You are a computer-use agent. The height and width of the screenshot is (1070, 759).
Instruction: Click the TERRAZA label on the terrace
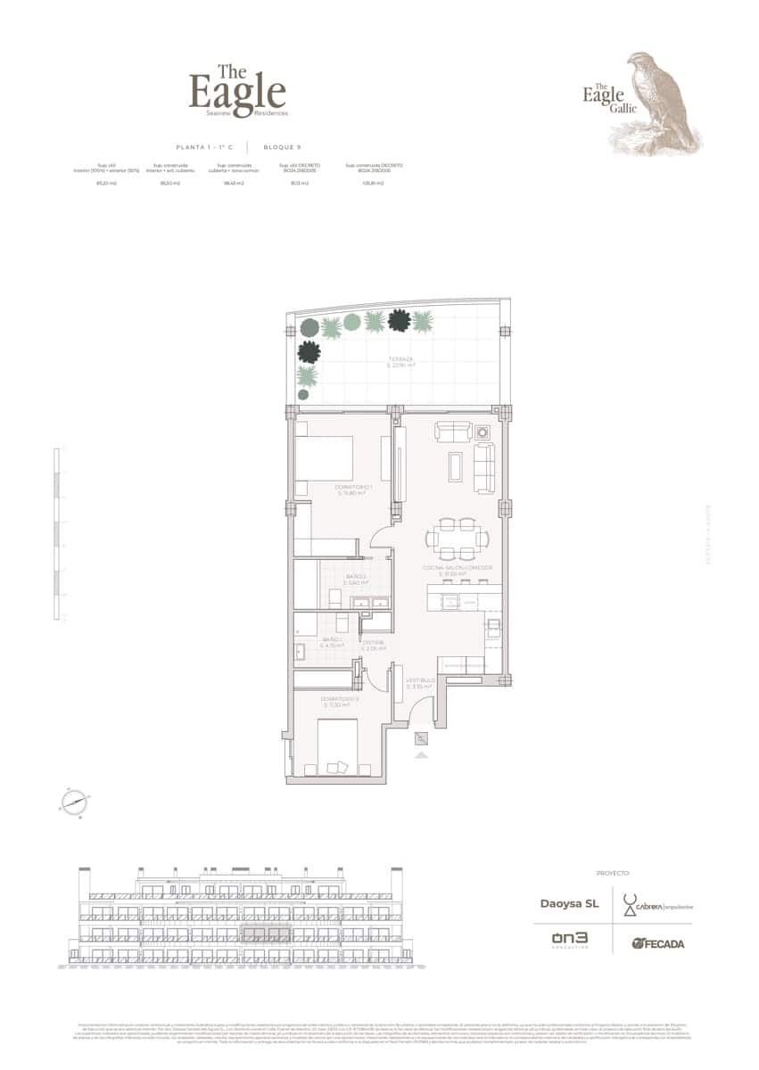pos(400,362)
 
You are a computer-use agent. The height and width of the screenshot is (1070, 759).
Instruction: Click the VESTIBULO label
pos(419,684)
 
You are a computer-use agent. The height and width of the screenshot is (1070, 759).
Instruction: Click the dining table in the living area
pos(458,538)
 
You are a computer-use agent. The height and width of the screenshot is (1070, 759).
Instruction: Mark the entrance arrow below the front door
pos(421,754)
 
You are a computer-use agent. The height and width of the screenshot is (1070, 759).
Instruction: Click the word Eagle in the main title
pos(237,92)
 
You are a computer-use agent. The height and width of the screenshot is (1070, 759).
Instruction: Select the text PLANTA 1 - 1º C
pos(204,146)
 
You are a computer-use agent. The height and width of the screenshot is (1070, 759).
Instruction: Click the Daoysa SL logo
pos(569,904)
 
